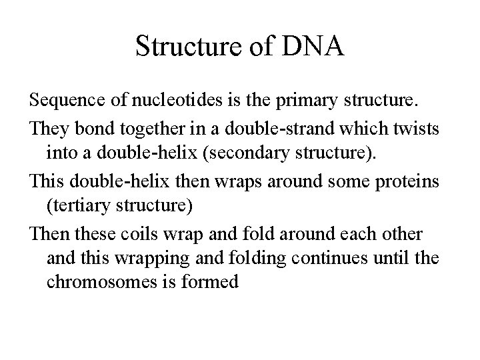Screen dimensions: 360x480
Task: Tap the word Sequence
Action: (x=61, y=101)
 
